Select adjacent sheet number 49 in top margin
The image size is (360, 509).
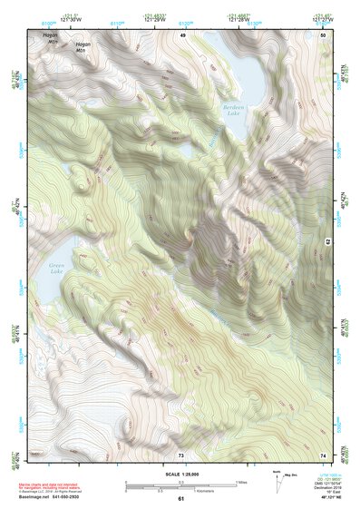[x=181, y=34]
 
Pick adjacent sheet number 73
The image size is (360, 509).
[x=181, y=454]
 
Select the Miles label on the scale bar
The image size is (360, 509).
[x=241, y=482]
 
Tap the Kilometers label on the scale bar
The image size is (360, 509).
[x=190, y=492]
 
